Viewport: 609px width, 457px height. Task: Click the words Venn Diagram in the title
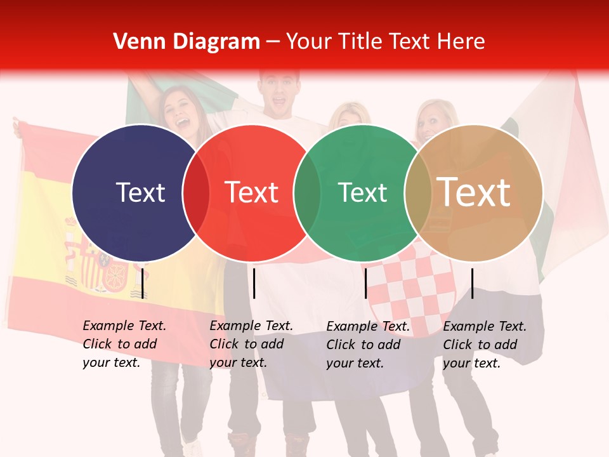coord(186,42)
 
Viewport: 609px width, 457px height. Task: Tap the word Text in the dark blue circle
coord(140,192)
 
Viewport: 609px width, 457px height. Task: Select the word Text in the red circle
coord(252,192)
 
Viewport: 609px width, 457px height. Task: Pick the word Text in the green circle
coord(362,192)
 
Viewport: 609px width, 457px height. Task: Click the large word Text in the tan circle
coord(474,192)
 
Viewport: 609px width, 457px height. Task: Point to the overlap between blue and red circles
coord(196,192)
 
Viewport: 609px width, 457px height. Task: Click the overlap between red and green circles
coord(307,192)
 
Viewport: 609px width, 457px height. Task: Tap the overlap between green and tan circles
coord(418,192)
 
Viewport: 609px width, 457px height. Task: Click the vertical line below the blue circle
coord(143,283)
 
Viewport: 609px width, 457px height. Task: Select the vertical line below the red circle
coord(254,283)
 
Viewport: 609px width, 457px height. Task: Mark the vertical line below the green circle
coord(365,283)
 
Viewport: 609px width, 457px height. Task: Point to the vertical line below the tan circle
coord(472,283)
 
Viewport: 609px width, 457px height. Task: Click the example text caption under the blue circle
coord(124,344)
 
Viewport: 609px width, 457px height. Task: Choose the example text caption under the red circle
coord(251,344)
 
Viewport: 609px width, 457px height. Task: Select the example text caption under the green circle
coord(367,345)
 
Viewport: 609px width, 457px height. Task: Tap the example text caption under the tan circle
coord(484,345)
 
